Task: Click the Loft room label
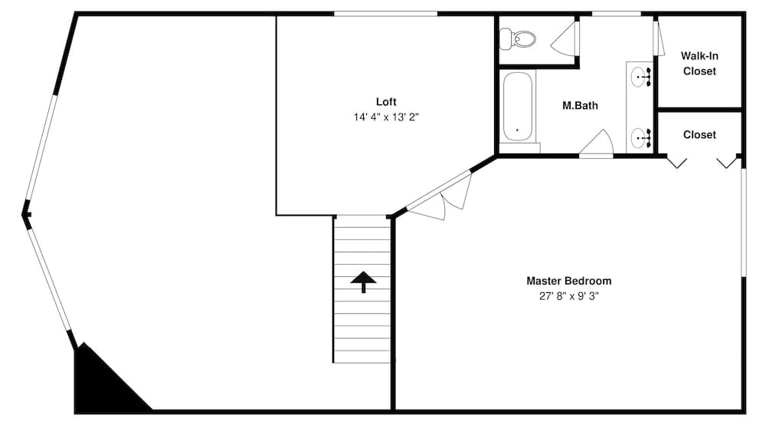(x=386, y=101)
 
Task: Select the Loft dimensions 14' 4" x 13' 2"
(x=386, y=117)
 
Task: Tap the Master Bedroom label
(x=568, y=281)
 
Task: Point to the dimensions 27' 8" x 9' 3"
(x=568, y=297)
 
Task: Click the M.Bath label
(x=580, y=106)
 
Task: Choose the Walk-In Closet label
(x=699, y=64)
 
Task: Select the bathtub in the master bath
(x=519, y=107)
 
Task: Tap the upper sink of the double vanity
(x=640, y=77)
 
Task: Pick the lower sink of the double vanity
(x=640, y=138)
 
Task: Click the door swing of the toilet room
(x=567, y=38)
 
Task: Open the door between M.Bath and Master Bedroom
(x=597, y=144)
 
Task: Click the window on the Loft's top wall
(x=385, y=14)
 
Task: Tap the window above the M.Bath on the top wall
(x=617, y=14)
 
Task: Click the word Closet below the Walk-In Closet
(x=699, y=135)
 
